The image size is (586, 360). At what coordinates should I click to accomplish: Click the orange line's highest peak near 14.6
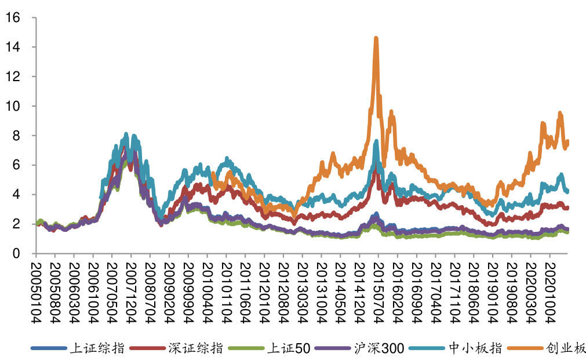coord(376,39)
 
